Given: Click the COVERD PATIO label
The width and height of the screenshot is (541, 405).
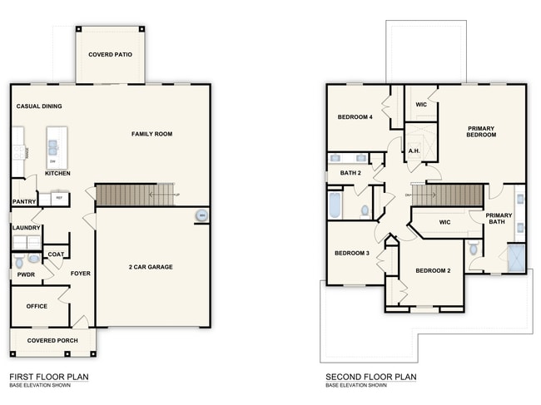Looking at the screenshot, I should pyautogui.click(x=111, y=55).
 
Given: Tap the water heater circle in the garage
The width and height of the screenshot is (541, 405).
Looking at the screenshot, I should pyautogui.click(x=201, y=217).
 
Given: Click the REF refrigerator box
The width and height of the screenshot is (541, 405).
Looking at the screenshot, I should pyautogui.click(x=58, y=198).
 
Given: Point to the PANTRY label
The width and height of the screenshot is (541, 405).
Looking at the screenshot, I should pyautogui.click(x=23, y=201).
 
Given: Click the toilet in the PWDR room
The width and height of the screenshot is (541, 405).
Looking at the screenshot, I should pyautogui.click(x=20, y=263).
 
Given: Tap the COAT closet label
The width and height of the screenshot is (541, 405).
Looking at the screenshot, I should pyautogui.click(x=56, y=254).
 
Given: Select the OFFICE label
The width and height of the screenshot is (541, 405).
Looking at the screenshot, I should pyautogui.click(x=37, y=306).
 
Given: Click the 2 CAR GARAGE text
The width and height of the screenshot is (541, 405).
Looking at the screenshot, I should pyautogui.click(x=150, y=267).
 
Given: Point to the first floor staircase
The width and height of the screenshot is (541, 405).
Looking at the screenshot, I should pyautogui.click(x=136, y=195).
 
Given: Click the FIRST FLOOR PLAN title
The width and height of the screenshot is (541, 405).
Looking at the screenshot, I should pyautogui.click(x=48, y=377).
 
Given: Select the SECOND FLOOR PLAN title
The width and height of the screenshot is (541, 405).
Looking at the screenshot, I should pyautogui.click(x=370, y=377).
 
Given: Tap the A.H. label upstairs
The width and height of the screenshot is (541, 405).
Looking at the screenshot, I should pyautogui.click(x=414, y=151).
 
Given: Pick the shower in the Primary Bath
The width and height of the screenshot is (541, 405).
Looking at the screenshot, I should pyautogui.click(x=517, y=259).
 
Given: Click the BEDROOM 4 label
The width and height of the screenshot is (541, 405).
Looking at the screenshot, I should pyautogui.click(x=355, y=117).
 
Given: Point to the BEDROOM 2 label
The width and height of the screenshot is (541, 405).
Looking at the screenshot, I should pyautogui.click(x=433, y=270).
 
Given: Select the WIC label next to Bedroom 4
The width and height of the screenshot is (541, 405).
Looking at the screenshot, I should pyautogui.click(x=421, y=105).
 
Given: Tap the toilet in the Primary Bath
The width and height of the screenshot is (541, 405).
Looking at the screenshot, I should pyautogui.click(x=474, y=248).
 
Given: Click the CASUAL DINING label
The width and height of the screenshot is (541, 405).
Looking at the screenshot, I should pyautogui.click(x=39, y=106).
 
